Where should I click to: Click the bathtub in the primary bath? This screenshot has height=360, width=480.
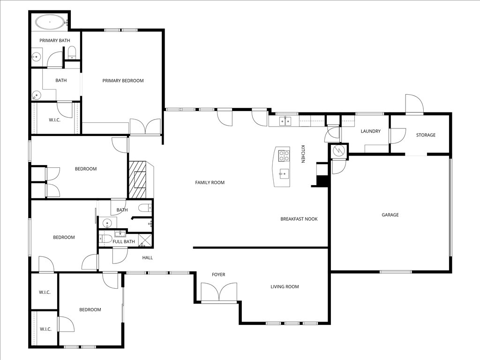coord(49,22)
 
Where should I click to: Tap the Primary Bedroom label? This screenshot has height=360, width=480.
coord(123,81)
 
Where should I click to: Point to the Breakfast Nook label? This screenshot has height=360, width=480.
coord(299,219)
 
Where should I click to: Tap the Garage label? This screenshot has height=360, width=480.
coord(390,215)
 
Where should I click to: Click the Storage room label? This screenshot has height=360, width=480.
coord(426,135)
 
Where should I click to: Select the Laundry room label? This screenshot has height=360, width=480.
coord(370,131)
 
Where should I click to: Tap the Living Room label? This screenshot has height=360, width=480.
coord(285,286)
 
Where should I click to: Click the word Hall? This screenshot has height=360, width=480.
coord(148,257)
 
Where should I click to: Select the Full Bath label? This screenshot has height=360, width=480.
coord(123,242)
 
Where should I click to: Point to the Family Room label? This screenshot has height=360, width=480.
coord(210,182)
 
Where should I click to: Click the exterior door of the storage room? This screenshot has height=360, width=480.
coord(414,104)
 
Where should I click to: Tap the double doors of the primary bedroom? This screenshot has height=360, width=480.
coord(145,127)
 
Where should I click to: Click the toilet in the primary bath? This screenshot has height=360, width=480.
coord(72,53)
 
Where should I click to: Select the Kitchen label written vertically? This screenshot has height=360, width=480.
coord(303,154)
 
